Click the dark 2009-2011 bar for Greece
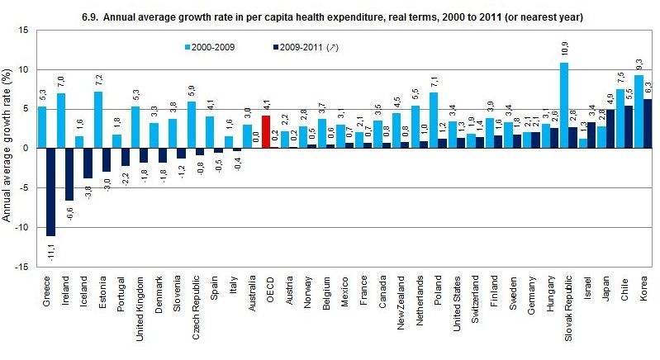coord(51,192)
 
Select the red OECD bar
coord(266,131)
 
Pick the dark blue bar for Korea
coord(648,123)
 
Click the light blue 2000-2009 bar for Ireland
coord(61,121)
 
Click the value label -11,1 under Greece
coord(51,251)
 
